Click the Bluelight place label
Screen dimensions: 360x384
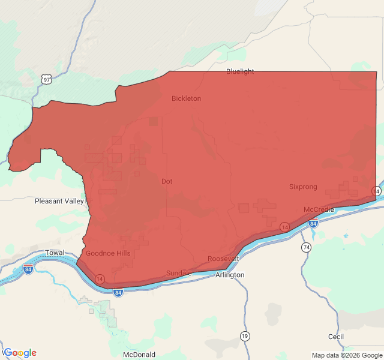[x=240, y=71]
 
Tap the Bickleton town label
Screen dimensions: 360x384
[x=186, y=98]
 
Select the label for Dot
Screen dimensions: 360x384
[x=167, y=181]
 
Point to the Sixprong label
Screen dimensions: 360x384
[x=303, y=187]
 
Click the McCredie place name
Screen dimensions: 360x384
[x=319, y=209]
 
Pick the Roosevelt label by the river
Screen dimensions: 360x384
[x=223, y=259]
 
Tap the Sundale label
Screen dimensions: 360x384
[x=179, y=273]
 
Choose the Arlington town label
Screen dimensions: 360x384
[x=230, y=275]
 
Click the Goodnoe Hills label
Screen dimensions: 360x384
[x=108, y=253]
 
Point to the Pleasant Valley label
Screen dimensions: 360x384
[x=59, y=201]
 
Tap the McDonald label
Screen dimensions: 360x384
[x=139, y=355]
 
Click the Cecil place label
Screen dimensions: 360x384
[x=336, y=337]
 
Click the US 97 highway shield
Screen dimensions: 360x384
[x=46, y=79]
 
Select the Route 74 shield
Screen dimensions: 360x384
[x=306, y=247]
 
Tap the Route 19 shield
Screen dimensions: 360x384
[x=245, y=336]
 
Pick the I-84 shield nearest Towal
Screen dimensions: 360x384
[x=28, y=269]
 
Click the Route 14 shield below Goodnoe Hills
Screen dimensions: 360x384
[x=100, y=279]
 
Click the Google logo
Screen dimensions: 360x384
[x=20, y=353]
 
